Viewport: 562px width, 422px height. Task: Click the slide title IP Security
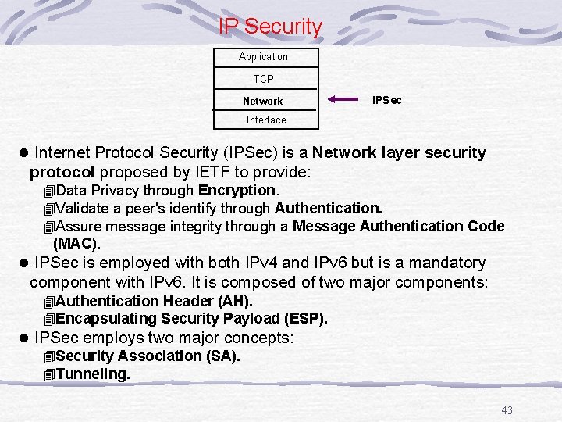click(270, 27)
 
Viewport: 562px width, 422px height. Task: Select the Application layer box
click(264, 57)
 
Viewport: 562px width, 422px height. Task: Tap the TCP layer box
click(264, 79)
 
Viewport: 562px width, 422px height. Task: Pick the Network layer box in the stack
click(263, 101)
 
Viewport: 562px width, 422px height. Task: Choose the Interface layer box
click(266, 120)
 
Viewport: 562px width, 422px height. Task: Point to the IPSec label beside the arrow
click(387, 100)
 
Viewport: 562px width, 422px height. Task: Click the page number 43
click(507, 411)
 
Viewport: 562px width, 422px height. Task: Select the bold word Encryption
click(237, 191)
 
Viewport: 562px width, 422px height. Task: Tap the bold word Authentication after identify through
click(327, 209)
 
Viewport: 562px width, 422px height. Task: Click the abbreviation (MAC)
click(76, 244)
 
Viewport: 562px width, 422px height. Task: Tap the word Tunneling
click(93, 374)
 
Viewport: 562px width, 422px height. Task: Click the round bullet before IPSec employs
click(24, 338)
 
